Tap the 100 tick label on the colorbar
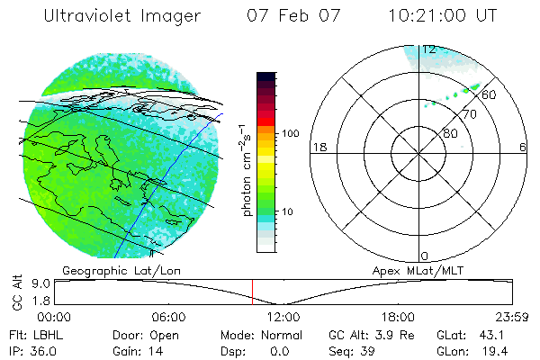tap(290, 133)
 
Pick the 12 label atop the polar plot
tap(429, 49)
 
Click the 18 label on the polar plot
tap(318, 147)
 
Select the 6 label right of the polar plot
tap(523, 147)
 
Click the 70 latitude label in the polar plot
tap(469, 116)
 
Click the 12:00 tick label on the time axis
tap(283, 317)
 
